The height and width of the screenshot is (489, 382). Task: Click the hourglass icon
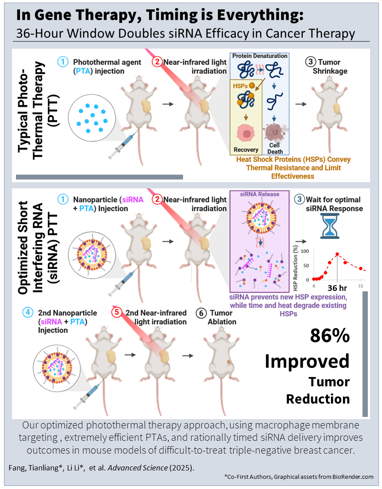(328, 226)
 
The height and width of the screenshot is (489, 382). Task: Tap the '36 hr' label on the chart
(338, 288)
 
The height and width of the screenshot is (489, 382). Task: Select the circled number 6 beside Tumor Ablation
(201, 313)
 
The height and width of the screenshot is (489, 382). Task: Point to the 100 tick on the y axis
(304, 251)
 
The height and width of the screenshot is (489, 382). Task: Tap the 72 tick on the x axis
(361, 287)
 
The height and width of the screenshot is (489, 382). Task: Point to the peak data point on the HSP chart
(338, 254)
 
